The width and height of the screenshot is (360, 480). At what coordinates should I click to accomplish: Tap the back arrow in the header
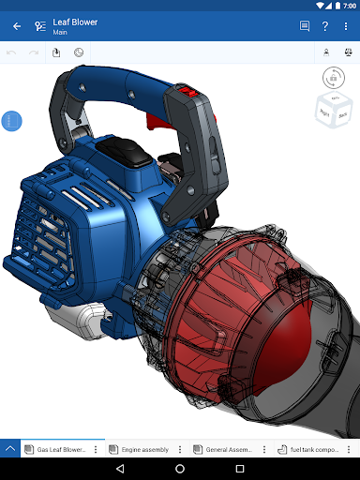tap(16, 26)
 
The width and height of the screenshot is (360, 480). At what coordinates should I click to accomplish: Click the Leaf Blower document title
tap(74, 22)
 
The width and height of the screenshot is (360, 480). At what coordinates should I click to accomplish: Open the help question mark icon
tap(325, 26)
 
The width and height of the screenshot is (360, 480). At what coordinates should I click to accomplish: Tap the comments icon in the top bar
tap(305, 26)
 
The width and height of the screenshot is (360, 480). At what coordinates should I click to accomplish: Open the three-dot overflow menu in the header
tap(347, 26)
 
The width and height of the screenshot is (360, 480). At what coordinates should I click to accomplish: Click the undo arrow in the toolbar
tap(12, 52)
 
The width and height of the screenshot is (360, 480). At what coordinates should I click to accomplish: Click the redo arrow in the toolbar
tap(34, 52)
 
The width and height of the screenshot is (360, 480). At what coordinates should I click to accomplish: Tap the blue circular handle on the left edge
tap(11, 121)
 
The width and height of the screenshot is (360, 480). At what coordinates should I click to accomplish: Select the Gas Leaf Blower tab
tap(60, 449)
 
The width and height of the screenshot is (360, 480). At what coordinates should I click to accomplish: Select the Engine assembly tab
tap(141, 449)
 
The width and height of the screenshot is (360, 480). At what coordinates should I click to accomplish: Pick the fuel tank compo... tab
tap(309, 449)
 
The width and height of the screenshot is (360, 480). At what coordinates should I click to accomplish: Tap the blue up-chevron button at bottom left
tap(10, 449)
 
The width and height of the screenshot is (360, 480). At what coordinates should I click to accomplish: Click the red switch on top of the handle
tap(187, 93)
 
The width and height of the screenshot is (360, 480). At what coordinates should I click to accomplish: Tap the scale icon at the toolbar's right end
tap(347, 52)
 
